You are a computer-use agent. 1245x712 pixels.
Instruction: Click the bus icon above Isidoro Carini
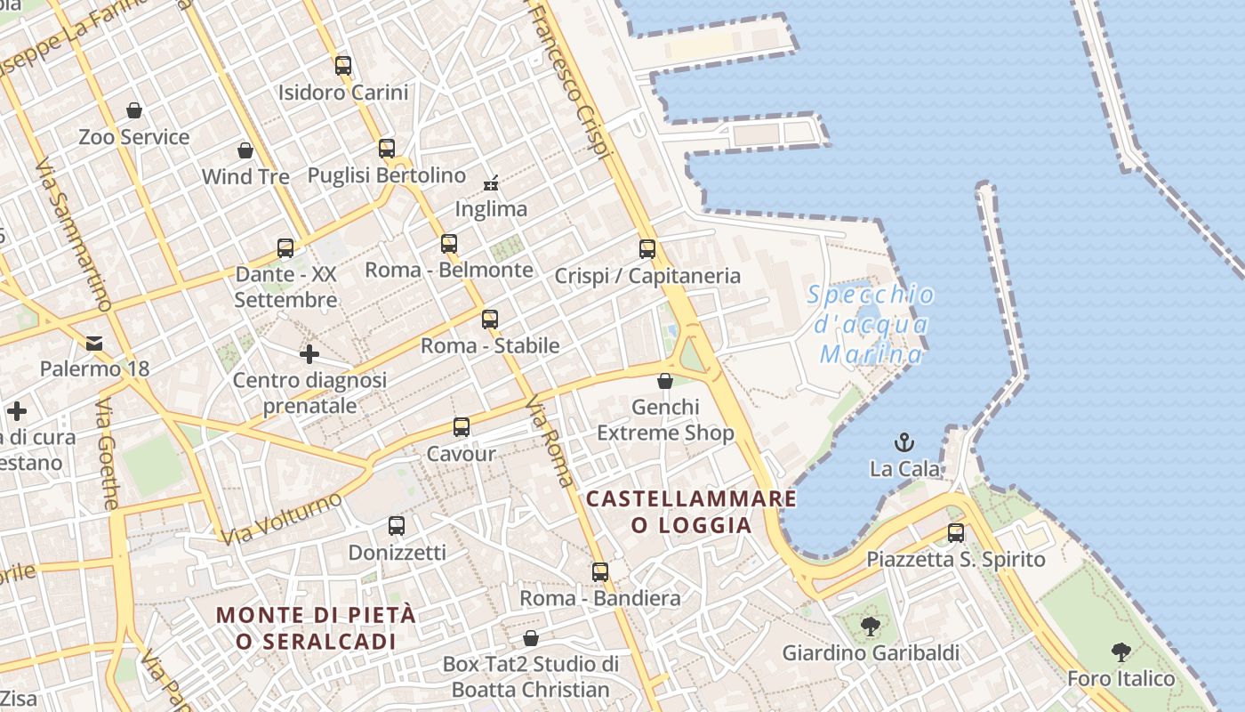click(343, 65)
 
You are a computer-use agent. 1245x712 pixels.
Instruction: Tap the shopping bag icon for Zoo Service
click(134, 110)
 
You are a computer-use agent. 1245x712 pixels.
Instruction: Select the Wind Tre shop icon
click(245, 150)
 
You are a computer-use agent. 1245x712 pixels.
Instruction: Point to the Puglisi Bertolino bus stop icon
click(387, 149)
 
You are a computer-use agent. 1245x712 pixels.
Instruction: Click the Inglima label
click(491, 209)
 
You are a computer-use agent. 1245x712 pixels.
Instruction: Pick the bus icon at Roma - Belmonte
click(449, 243)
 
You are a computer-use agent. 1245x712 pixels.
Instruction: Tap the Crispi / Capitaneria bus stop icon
click(647, 249)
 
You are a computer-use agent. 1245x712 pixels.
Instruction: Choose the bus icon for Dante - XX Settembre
click(285, 248)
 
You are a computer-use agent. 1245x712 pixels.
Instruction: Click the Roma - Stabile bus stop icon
click(490, 319)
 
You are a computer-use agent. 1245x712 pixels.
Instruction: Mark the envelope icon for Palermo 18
click(94, 343)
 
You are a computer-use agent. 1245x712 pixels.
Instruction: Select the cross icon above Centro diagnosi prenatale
click(309, 354)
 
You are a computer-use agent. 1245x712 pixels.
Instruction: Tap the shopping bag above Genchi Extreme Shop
click(665, 381)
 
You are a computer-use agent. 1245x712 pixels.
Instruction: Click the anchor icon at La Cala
click(904, 442)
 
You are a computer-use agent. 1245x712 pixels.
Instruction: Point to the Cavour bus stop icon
click(461, 427)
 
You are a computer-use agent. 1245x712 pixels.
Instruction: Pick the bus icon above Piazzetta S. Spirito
click(956, 533)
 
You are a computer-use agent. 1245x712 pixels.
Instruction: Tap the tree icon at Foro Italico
click(1121, 652)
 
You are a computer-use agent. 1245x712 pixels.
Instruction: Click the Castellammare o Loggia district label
click(692, 512)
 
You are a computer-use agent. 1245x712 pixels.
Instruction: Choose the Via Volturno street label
click(281, 518)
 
